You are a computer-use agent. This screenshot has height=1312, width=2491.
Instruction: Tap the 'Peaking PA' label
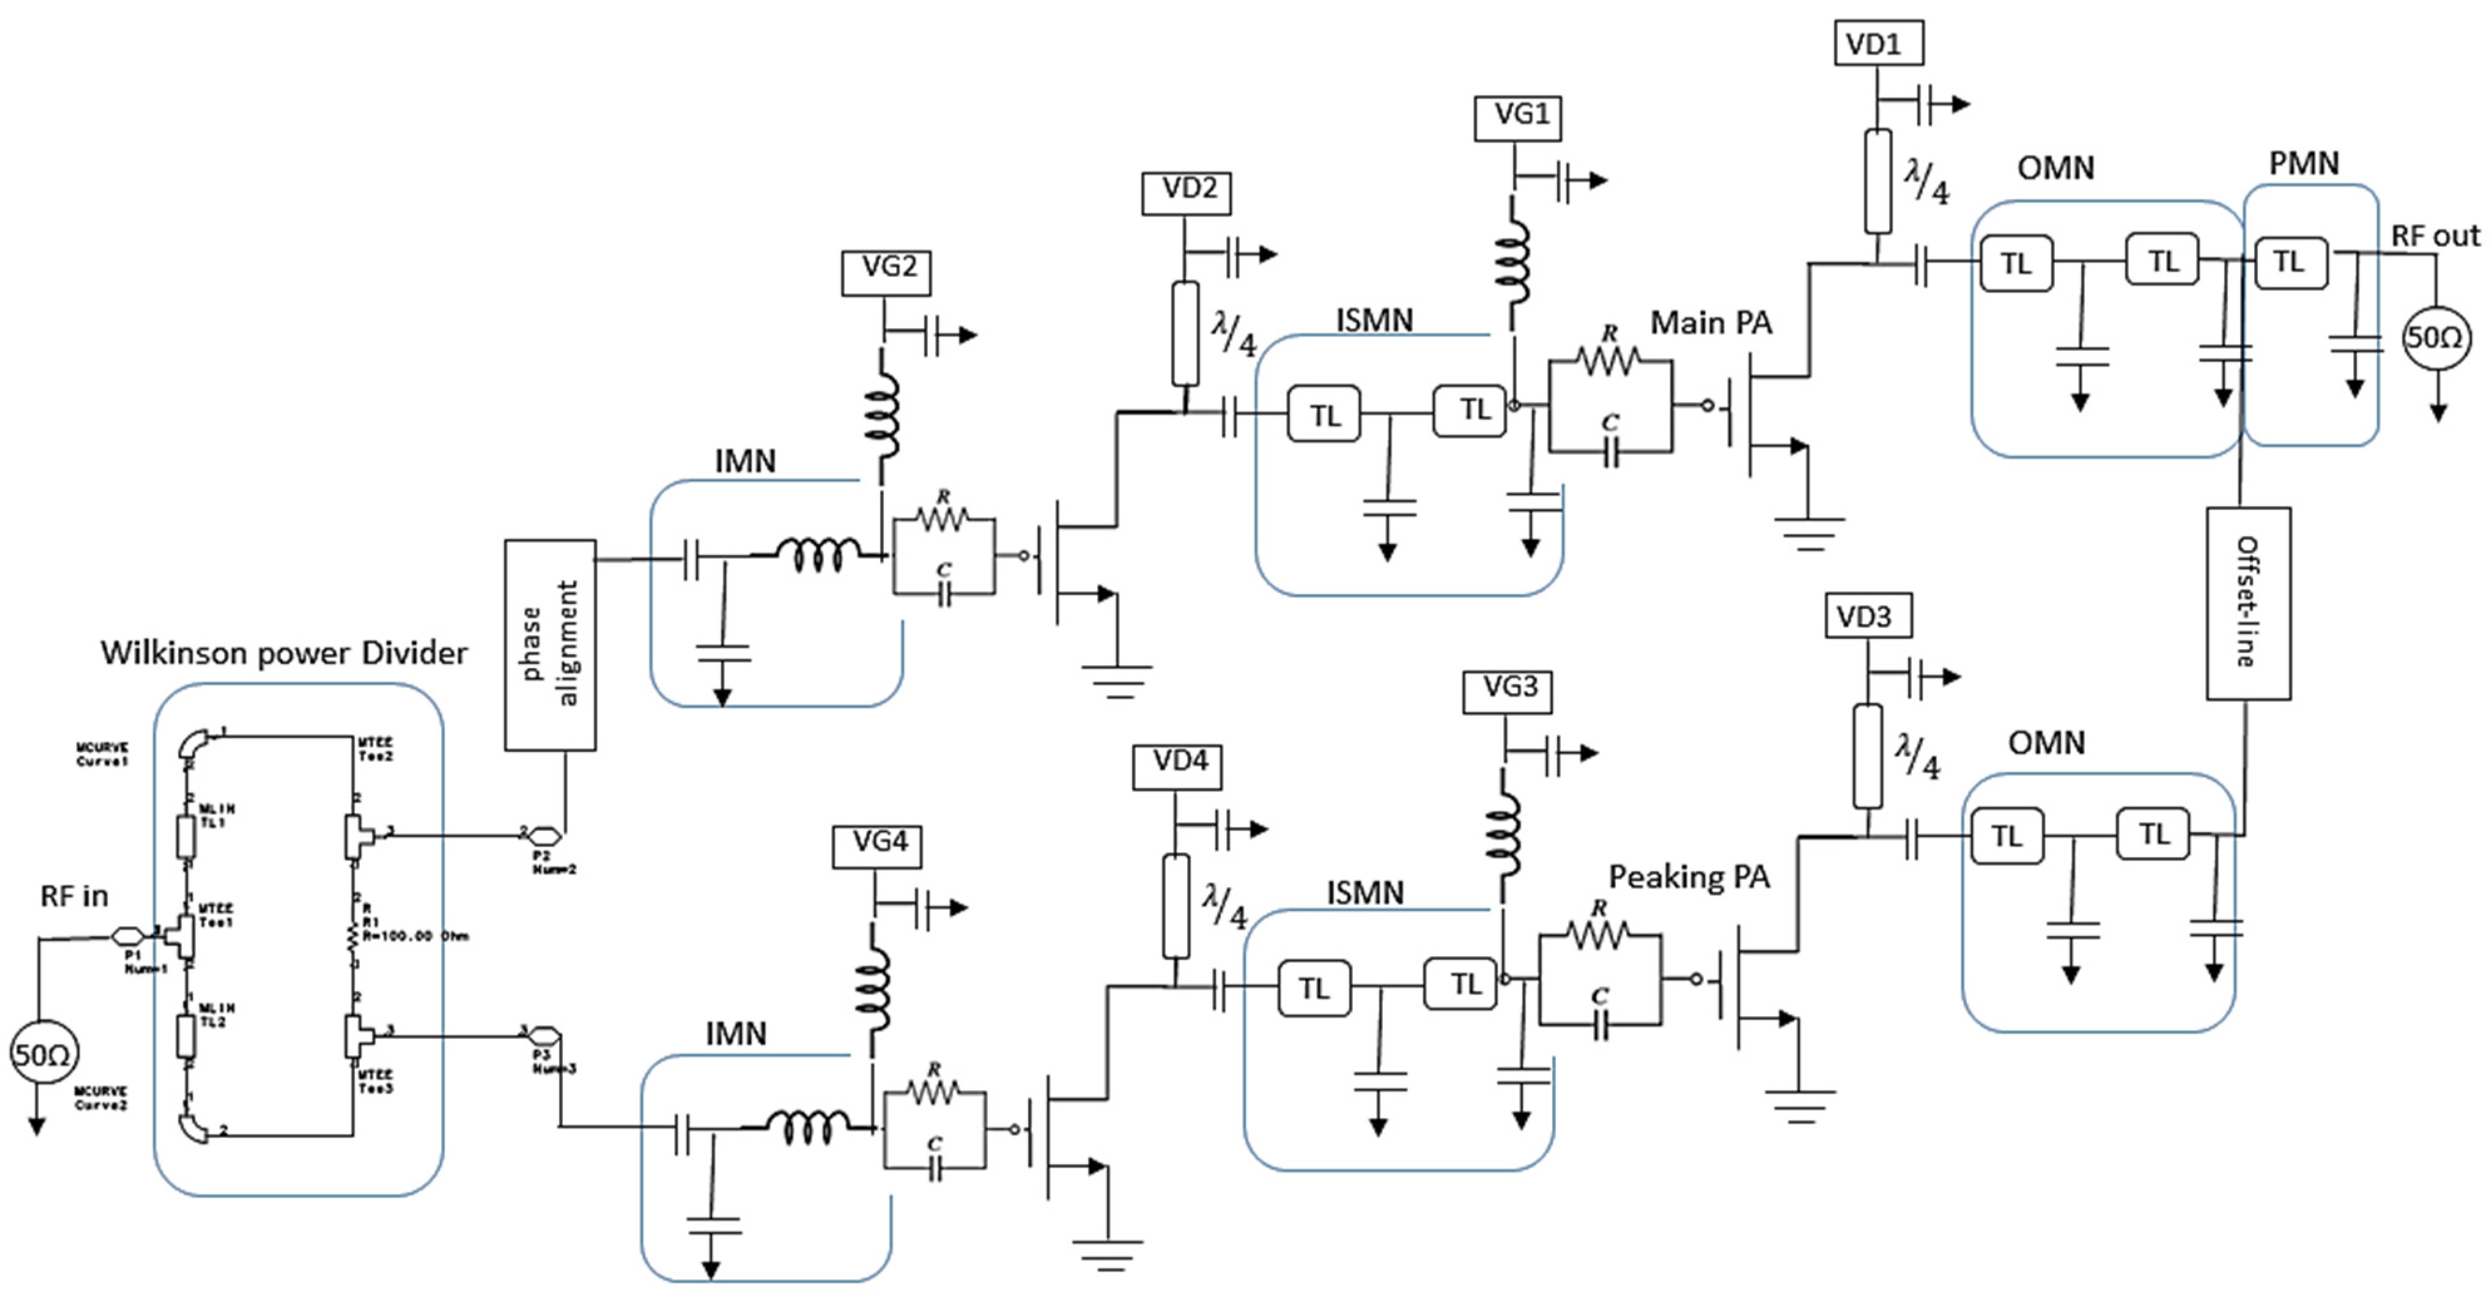click(1689, 877)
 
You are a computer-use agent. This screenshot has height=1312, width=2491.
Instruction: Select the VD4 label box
click(1177, 765)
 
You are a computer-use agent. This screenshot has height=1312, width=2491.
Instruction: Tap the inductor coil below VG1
click(1511, 257)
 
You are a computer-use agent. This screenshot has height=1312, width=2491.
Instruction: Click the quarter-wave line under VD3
click(1867, 756)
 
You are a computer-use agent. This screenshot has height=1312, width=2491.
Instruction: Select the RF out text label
click(2434, 236)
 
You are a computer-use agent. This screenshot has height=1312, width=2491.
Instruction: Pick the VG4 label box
click(876, 845)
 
